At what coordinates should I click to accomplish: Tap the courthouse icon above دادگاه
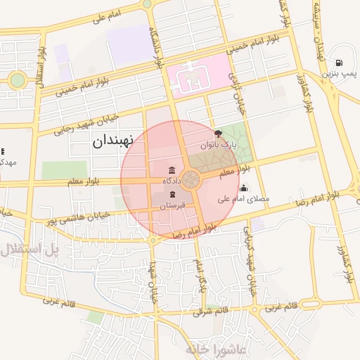pyautogui.click(x=173, y=170)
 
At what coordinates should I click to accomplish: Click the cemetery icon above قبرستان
pyautogui.click(x=173, y=193)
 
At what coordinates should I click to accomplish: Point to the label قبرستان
pyautogui.click(x=172, y=205)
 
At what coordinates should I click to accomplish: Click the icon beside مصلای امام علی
pyautogui.click(x=243, y=188)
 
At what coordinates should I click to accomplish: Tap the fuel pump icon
pyautogui.click(x=340, y=62)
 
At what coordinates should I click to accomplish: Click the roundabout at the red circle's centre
pyautogui.click(x=191, y=179)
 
